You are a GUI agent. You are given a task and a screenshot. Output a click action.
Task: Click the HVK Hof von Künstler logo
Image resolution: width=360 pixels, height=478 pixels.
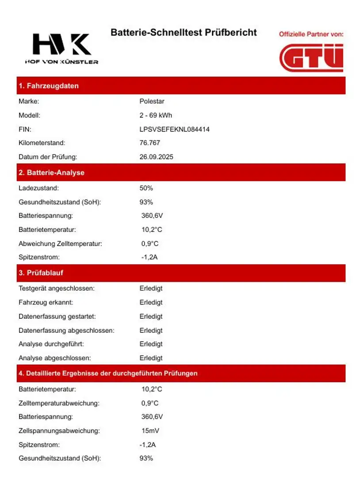(x=61, y=49)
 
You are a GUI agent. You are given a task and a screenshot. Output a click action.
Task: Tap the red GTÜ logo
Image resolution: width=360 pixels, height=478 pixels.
(x=311, y=58)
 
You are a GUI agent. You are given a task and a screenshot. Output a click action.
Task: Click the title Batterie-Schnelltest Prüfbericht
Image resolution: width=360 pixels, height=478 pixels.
(x=184, y=33)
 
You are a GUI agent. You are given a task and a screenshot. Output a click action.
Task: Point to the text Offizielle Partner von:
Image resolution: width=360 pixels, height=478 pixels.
(x=311, y=34)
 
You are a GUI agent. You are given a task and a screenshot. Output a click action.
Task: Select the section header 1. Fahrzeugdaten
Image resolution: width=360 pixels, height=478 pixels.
(x=49, y=86)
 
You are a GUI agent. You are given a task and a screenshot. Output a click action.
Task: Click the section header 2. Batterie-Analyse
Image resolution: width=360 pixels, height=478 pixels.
(x=51, y=173)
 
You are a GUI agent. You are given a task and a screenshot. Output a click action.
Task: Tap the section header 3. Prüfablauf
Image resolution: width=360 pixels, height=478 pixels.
(x=41, y=273)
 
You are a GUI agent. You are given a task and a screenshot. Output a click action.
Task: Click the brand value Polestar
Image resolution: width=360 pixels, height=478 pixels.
(x=152, y=101)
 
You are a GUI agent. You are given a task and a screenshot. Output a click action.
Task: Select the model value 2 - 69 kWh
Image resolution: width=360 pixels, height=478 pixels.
(x=156, y=116)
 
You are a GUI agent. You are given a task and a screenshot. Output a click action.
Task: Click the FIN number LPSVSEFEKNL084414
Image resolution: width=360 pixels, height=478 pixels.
(x=174, y=129)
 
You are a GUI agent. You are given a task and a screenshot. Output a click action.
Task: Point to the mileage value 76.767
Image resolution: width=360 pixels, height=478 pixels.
(x=149, y=143)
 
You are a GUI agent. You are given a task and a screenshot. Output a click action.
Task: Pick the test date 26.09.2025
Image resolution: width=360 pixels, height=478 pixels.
(x=156, y=157)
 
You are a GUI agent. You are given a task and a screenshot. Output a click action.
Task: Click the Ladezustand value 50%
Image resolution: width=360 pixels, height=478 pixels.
(x=146, y=188)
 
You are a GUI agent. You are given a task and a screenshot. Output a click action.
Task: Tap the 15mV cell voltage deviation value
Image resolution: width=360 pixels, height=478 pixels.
(x=150, y=431)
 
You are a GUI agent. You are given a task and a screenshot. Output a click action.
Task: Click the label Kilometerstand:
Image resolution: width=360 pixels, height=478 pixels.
(x=42, y=143)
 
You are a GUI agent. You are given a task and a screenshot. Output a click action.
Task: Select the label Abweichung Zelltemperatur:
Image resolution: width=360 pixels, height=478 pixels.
(x=60, y=243)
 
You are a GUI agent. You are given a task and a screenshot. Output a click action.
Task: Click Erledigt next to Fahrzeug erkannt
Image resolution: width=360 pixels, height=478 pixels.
(x=151, y=302)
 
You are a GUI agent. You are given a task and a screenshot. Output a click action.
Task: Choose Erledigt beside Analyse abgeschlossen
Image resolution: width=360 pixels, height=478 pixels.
(x=151, y=358)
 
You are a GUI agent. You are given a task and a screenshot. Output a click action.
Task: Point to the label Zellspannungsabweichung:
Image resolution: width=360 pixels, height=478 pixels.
(x=59, y=431)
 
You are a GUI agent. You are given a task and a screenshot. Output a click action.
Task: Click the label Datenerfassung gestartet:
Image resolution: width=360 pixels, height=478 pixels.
(x=57, y=316)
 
